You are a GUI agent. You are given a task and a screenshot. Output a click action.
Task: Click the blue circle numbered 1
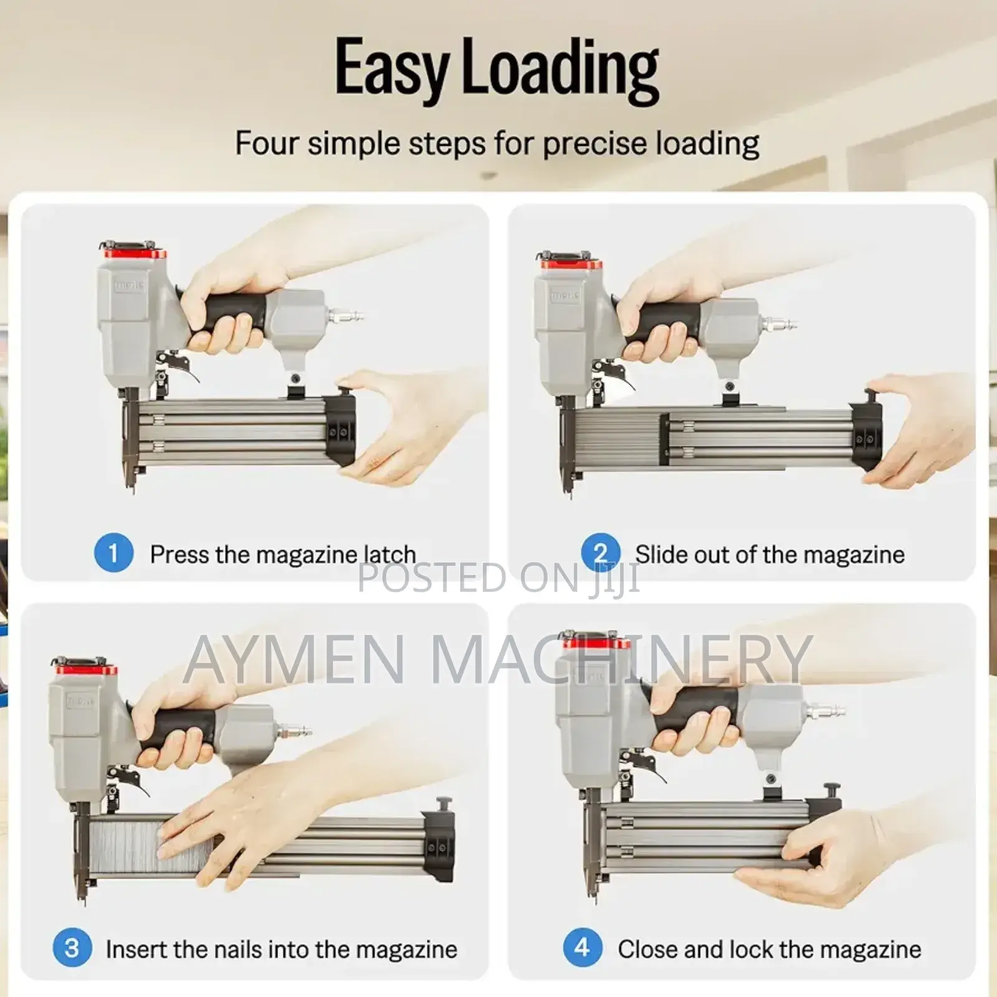(x=113, y=553)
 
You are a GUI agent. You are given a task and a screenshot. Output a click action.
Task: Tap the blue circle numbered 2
(x=601, y=553)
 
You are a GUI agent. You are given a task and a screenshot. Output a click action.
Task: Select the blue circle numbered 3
(x=72, y=948)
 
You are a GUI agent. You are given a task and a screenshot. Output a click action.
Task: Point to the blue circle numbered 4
(x=583, y=948)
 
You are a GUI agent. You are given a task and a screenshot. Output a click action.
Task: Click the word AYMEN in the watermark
(x=295, y=657)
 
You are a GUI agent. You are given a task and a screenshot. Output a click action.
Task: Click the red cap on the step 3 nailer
(x=86, y=668)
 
